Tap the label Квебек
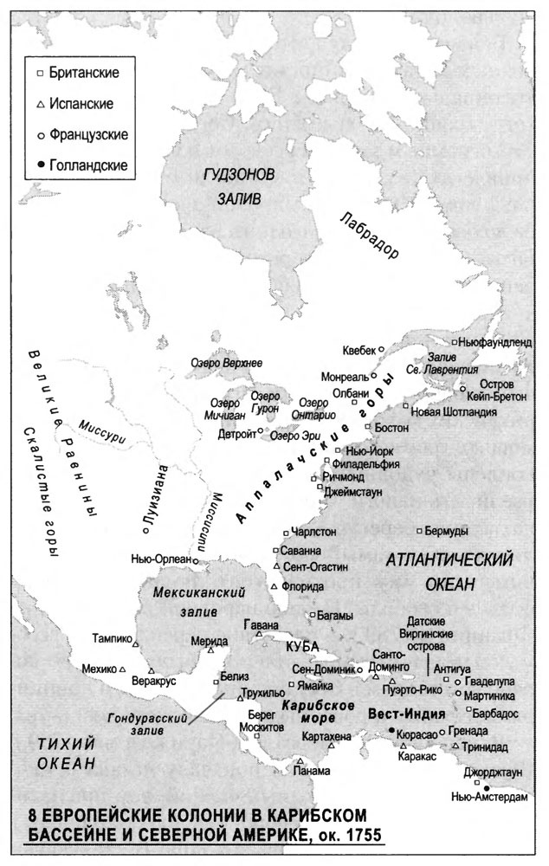pos(358,350)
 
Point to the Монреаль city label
pos(345,378)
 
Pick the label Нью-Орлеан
pos(160,559)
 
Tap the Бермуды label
pos(448,530)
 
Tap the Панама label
pos(311,772)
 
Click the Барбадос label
pos(496,712)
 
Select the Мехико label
pos(98,669)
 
